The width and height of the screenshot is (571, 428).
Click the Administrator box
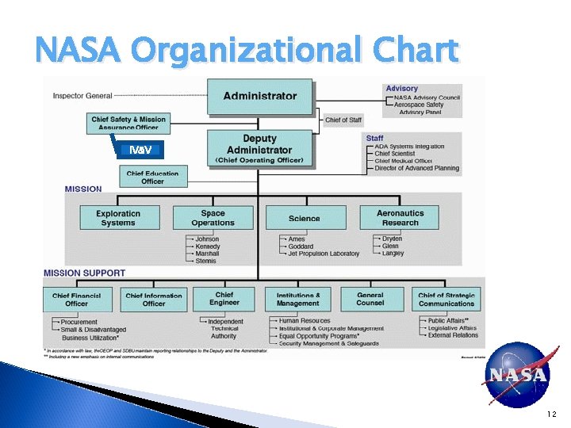point(260,96)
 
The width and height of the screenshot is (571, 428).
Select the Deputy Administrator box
point(260,149)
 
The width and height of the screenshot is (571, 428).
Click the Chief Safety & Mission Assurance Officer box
point(128,124)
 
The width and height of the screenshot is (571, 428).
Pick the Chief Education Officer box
point(153,177)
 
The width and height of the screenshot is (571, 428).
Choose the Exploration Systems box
point(118,218)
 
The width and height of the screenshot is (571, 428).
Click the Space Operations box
point(213,218)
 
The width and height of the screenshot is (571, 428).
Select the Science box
point(305,218)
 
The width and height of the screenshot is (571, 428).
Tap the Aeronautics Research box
point(400,218)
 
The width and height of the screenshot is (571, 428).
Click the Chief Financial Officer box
point(77,299)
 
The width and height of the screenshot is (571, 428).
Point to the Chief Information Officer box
point(154,299)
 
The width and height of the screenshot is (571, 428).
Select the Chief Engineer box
point(224,298)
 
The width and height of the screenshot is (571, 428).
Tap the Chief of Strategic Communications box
point(446,299)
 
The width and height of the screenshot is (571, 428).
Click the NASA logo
point(516,375)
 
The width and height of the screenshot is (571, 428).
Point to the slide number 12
point(551,415)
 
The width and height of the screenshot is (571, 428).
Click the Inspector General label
point(82,96)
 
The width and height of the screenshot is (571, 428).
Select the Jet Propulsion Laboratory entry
point(324,254)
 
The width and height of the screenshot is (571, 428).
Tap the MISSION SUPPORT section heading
point(84,273)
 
